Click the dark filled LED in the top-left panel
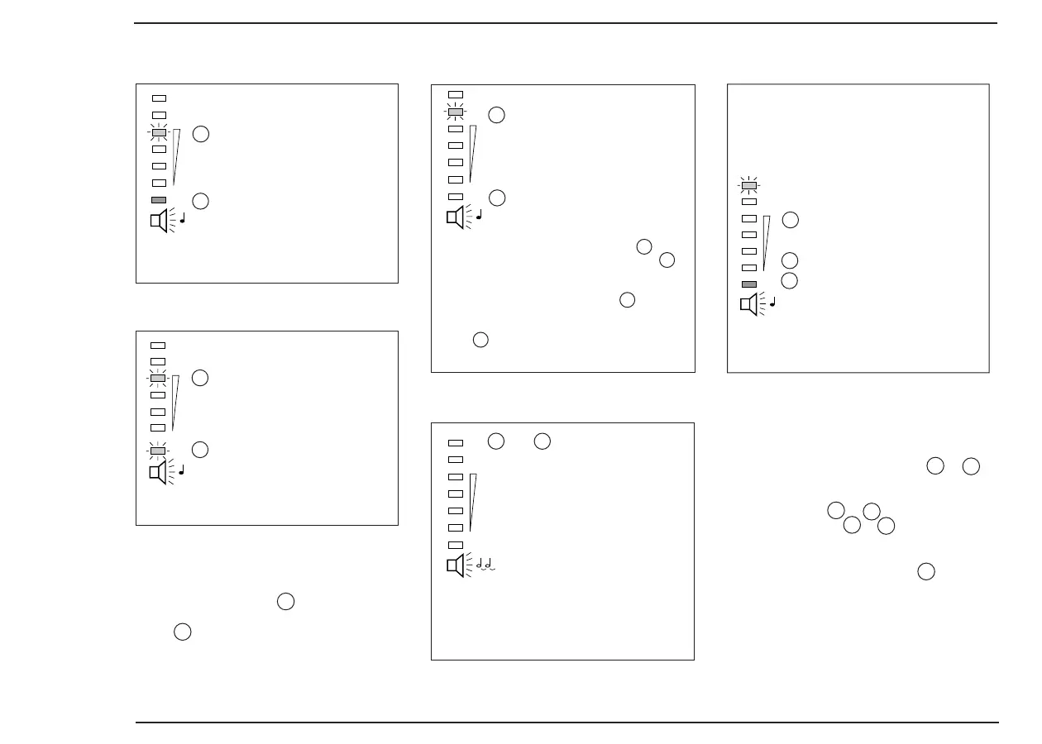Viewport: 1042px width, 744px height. pos(159,200)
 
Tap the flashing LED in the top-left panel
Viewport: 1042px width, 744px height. pos(159,132)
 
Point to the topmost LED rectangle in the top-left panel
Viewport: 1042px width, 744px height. pos(159,98)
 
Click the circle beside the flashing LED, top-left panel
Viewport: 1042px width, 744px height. pos(200,134)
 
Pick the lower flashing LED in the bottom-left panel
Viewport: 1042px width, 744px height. pos(158,451)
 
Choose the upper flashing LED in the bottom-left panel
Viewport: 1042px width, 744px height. pos(158,378)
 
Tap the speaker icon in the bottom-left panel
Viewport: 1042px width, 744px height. pos(157,472)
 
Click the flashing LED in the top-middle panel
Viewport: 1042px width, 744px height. pos(455,112)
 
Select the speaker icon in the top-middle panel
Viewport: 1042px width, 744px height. pos(455,217)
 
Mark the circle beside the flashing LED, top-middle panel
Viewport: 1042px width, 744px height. pos(496,115)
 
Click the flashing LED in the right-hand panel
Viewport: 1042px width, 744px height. pos(748,185)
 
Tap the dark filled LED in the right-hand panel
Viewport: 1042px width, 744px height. pos(748,284)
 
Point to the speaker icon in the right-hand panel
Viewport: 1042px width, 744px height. pos(748,305)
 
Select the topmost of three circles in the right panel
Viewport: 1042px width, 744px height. pos(790,220)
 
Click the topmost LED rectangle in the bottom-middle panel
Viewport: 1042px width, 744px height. pos(455,443)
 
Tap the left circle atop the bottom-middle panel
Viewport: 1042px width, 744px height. pos(495,441)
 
